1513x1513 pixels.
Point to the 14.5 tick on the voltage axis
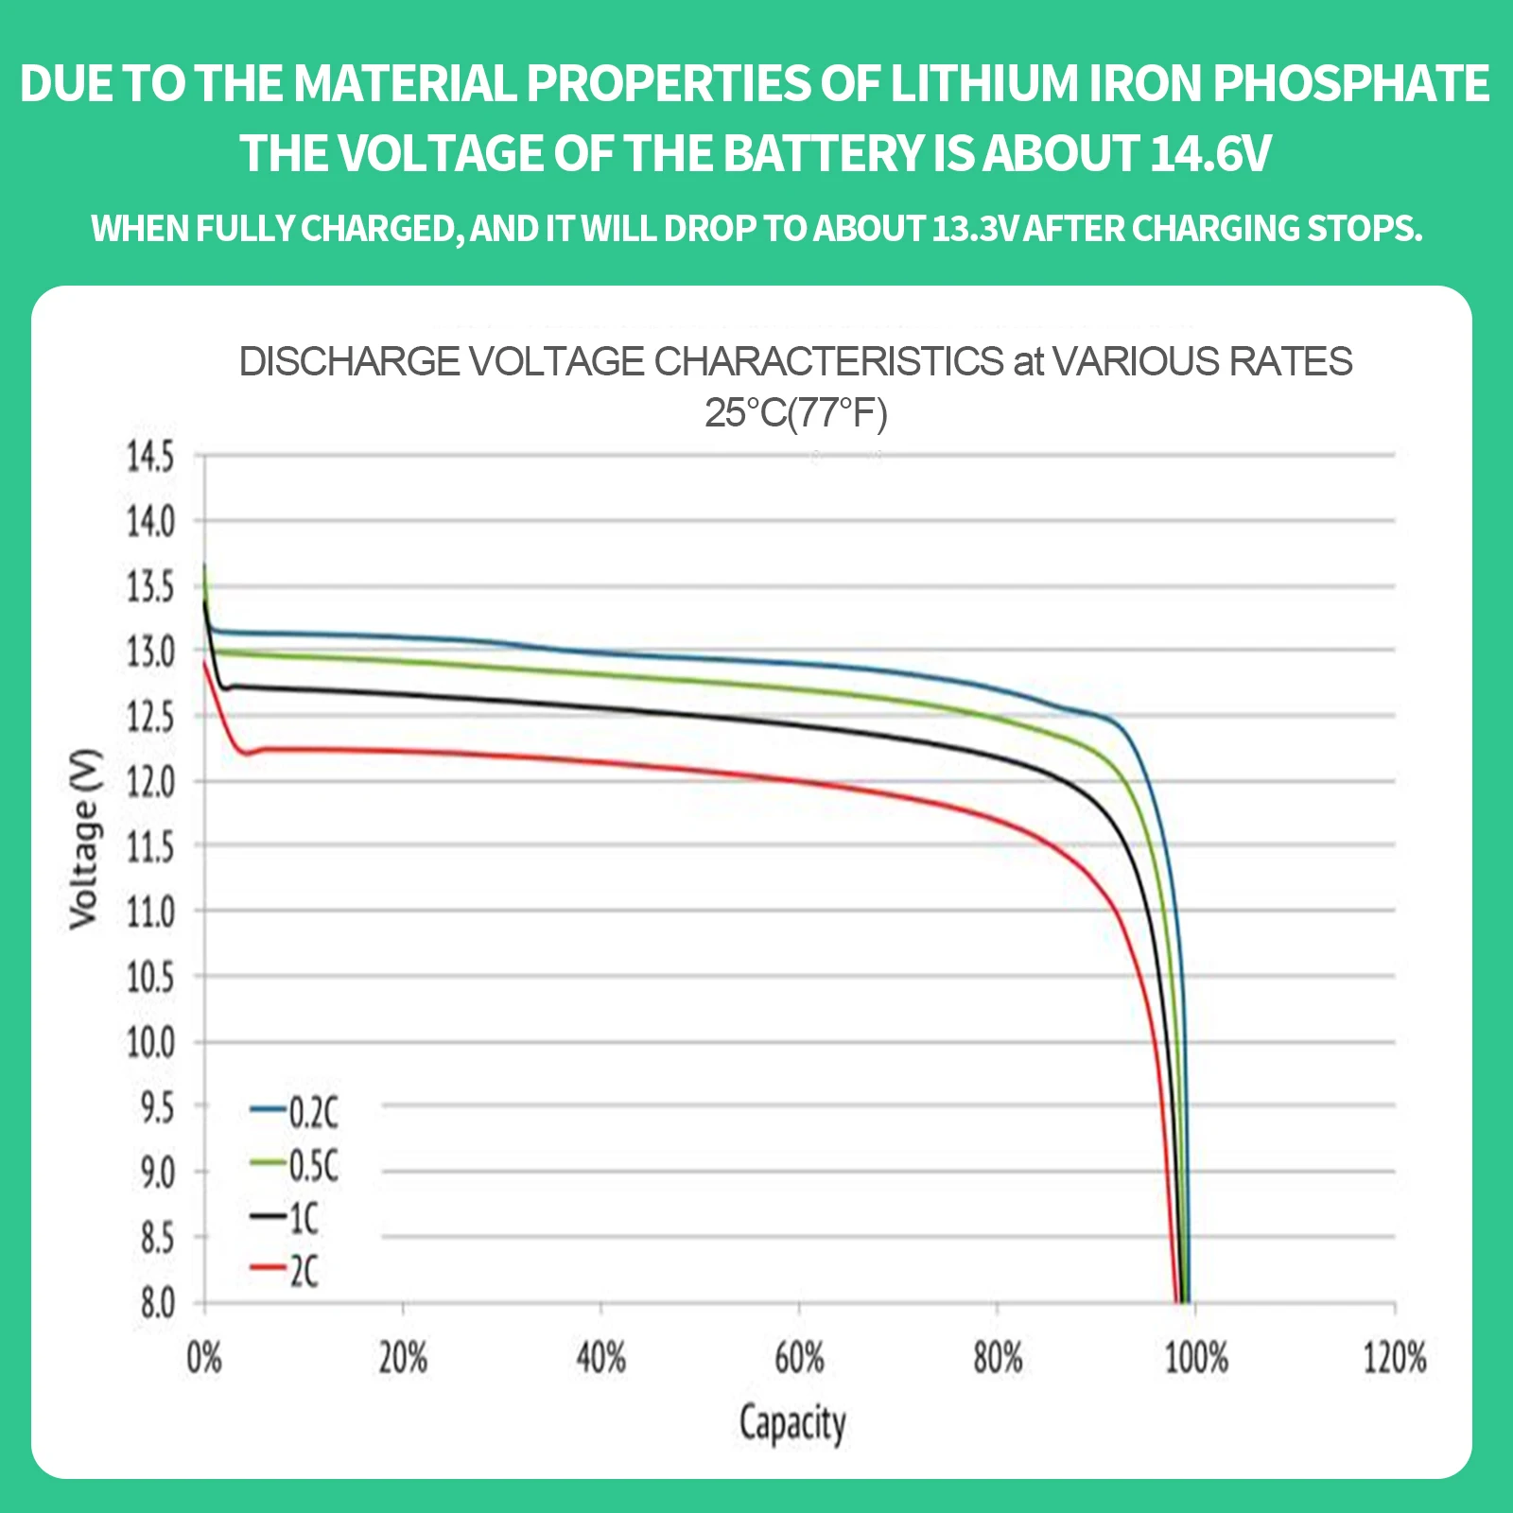[151, 457]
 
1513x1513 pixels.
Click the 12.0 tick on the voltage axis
[151, 782]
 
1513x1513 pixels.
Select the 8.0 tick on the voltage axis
[158, 1304]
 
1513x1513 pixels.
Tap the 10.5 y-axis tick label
[151, 977]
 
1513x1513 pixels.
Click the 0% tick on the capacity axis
[204, 1358]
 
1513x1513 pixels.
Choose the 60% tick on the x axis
[799, 1358]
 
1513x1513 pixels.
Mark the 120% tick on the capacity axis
[1394, 1358]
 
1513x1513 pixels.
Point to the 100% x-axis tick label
[1195, 1358]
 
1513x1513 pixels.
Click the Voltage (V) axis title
[84, 839]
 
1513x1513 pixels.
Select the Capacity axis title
[792, 1423]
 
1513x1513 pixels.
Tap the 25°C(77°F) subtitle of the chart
[795, 413]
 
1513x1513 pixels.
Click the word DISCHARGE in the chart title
[349, 361]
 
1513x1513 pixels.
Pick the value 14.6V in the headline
[1210, 153]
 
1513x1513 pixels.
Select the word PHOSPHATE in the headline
[1351, 83]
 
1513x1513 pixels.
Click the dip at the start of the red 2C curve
[247, 754]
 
